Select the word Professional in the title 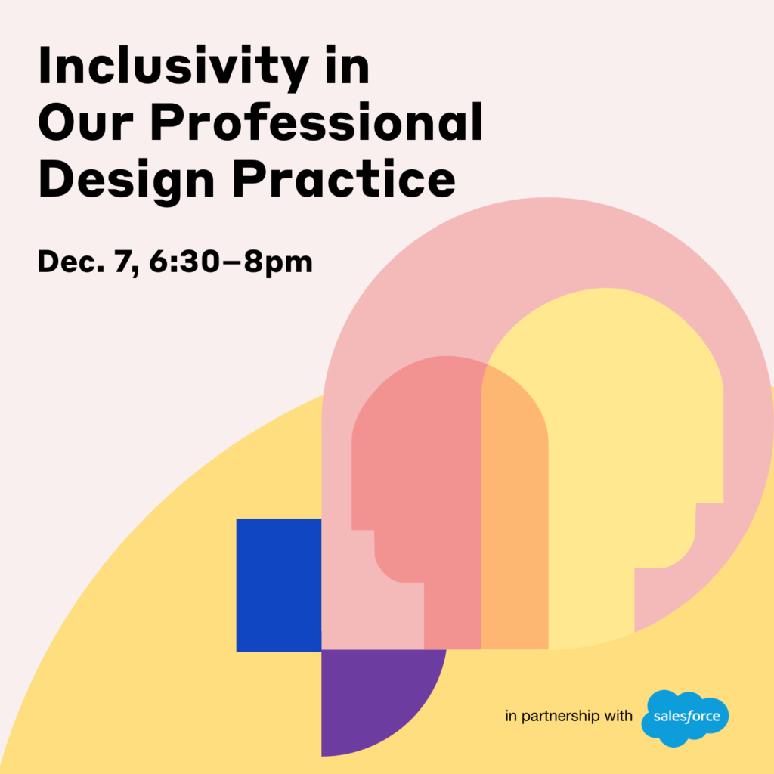[317, 122]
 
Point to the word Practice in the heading [344, 178]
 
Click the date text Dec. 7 [88, 262]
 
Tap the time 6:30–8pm [231, 262]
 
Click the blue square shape [279, 585]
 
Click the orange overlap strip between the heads [515, 519]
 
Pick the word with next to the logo [621, 715]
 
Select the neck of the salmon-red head [452, 616]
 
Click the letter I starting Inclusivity [43, 66]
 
